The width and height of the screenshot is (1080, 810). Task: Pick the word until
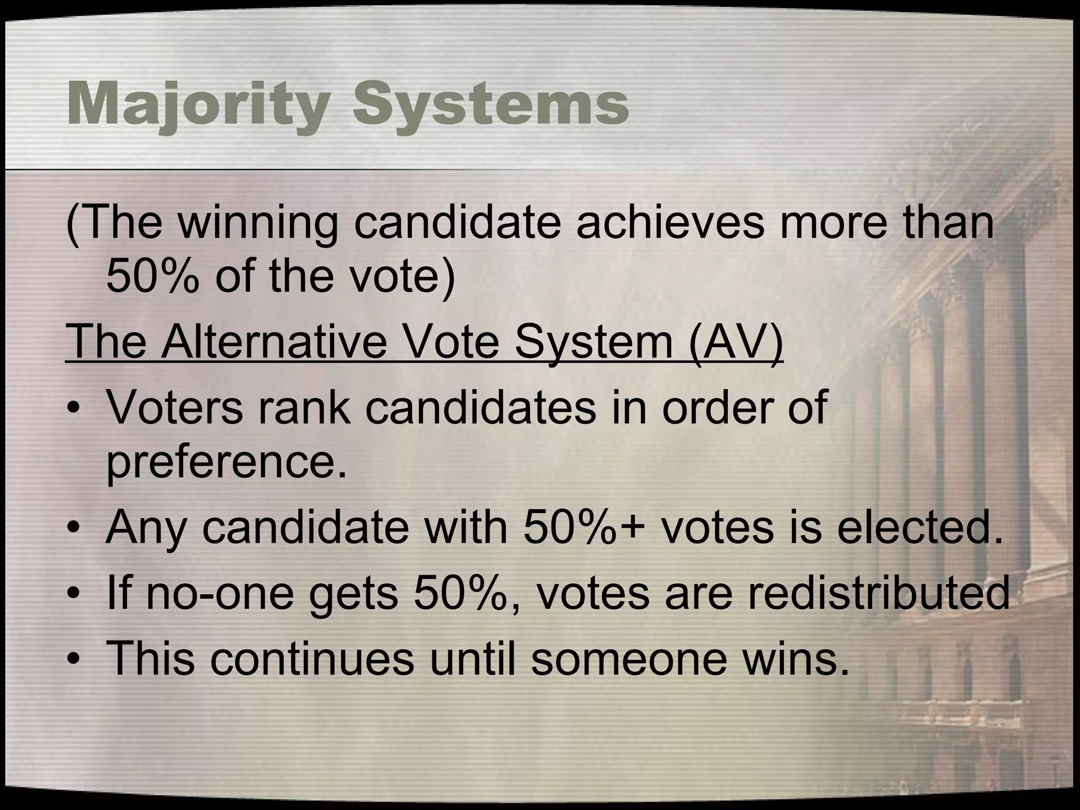click(472, 659)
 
